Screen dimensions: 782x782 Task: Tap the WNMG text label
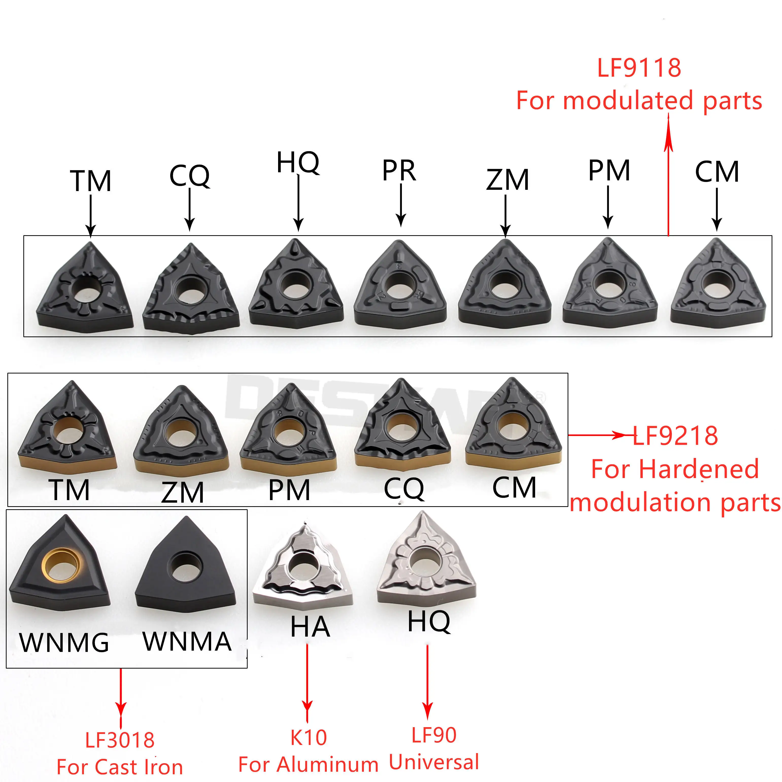tap(64, 642)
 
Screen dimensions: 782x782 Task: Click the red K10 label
tap(309, 738)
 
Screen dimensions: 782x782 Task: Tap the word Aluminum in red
tap(328, 764)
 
